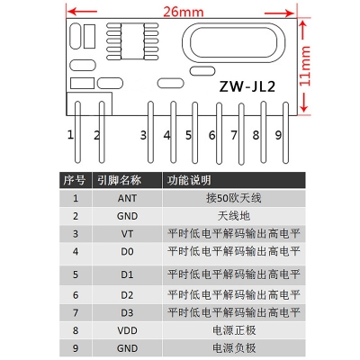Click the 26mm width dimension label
[x=184, y=12]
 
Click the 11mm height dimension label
[x=305, y=66]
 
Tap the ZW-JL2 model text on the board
[x=247, y=86]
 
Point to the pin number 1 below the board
[x=70, y=135]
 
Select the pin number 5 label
[x=188, y=135]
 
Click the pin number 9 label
[x=278, y=135]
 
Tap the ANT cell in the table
[x=127, y=198]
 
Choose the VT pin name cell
[x=127, y=234]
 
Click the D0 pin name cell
[x=127, y=251]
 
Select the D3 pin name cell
[x=127, y=313]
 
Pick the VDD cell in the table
[x=127, y=330]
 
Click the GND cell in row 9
[x=127, y=348]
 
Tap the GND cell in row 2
[x=127, y=216]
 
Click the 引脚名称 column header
[x=119, y=180]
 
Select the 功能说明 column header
[x=189, y=180]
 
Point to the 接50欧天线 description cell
[x=234, y=198]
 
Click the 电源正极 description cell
[x=234, y=330]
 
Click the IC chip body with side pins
[x=132, y=41]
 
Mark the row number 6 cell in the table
[x=76, y=295]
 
